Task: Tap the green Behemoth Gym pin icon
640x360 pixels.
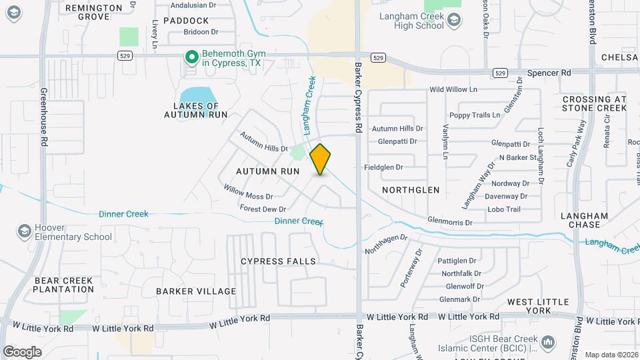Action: [192, 58]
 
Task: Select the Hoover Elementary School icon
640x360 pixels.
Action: [24, 231]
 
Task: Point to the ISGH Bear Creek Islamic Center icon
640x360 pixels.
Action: [548, 343]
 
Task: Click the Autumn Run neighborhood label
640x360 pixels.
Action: [267, 171]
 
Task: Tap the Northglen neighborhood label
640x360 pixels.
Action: [411, 190]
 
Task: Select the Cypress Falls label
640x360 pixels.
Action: [278, 261]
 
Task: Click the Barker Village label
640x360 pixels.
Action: [196, 291]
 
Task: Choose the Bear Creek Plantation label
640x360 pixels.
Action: [63, 285]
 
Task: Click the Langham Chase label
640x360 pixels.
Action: [584, 221]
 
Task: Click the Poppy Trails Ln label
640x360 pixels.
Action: [475, 115]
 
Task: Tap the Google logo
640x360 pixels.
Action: [22, 351]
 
